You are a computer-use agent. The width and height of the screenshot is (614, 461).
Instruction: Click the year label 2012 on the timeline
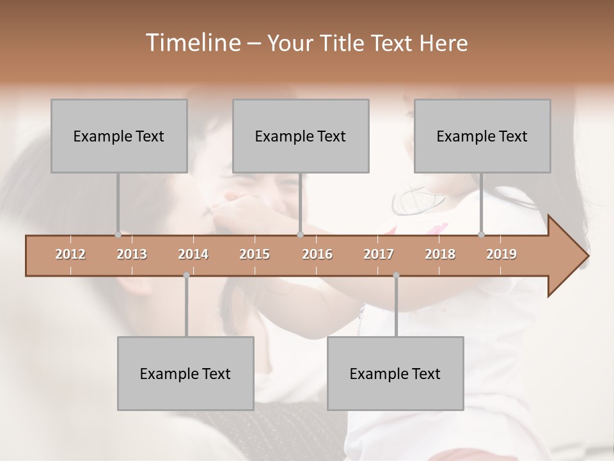tap(70, 254)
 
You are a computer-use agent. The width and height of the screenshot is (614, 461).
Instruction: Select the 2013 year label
tap(132, 254)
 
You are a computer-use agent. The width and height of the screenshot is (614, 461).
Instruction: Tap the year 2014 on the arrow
tap(193, 254)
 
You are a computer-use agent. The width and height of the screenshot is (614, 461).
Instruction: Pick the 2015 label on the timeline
tap(255, 254)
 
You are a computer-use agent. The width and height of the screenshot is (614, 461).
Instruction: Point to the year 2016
tap(317, 254)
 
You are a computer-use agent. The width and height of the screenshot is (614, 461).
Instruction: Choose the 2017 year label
tap(379, 254)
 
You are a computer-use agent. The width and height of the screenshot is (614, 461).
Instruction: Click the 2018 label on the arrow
tap(440, 254)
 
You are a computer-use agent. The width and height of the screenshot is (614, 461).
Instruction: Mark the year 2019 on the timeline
tap(501, 254)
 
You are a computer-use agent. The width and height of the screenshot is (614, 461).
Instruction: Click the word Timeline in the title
tap(192, 43)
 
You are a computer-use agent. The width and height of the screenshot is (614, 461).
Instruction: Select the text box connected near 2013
tap(119, 136)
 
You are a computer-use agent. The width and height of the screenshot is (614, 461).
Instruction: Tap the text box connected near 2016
tap(301, 136)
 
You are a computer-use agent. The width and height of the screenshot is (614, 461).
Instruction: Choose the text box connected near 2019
tap(482, 136)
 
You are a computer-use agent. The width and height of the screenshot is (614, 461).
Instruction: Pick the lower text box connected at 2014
tap(185, 373)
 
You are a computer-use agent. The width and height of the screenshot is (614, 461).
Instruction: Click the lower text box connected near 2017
tap(395, 373)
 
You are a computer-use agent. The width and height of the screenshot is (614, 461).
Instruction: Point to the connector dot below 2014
tap(186, 275)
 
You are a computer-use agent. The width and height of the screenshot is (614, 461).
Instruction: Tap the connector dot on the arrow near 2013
tap(118, 234)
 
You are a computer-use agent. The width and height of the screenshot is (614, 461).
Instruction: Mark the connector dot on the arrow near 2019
tap(481, 234)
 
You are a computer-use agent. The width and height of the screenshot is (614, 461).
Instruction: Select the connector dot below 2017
tap(396, 275)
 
